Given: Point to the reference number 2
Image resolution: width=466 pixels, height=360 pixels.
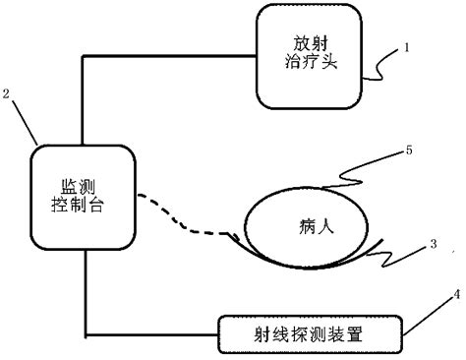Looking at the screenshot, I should pyautogui.click(x=8, y=93).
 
